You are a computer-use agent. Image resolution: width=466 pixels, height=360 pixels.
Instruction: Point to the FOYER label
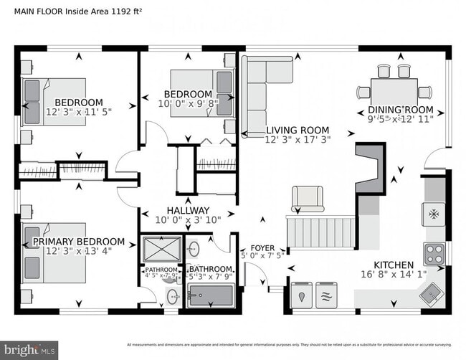(x=262, y=247)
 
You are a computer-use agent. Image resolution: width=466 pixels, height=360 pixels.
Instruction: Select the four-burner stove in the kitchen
(x=434, y=253)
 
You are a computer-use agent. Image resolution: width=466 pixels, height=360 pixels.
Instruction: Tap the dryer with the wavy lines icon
(x=326, y=294)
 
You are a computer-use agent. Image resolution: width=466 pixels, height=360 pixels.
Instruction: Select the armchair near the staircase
(x=307, y=197)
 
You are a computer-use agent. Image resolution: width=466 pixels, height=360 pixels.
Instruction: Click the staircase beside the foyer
(x=320, y=234)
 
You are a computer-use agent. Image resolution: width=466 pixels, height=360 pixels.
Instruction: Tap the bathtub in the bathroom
(x=211, y=295)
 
